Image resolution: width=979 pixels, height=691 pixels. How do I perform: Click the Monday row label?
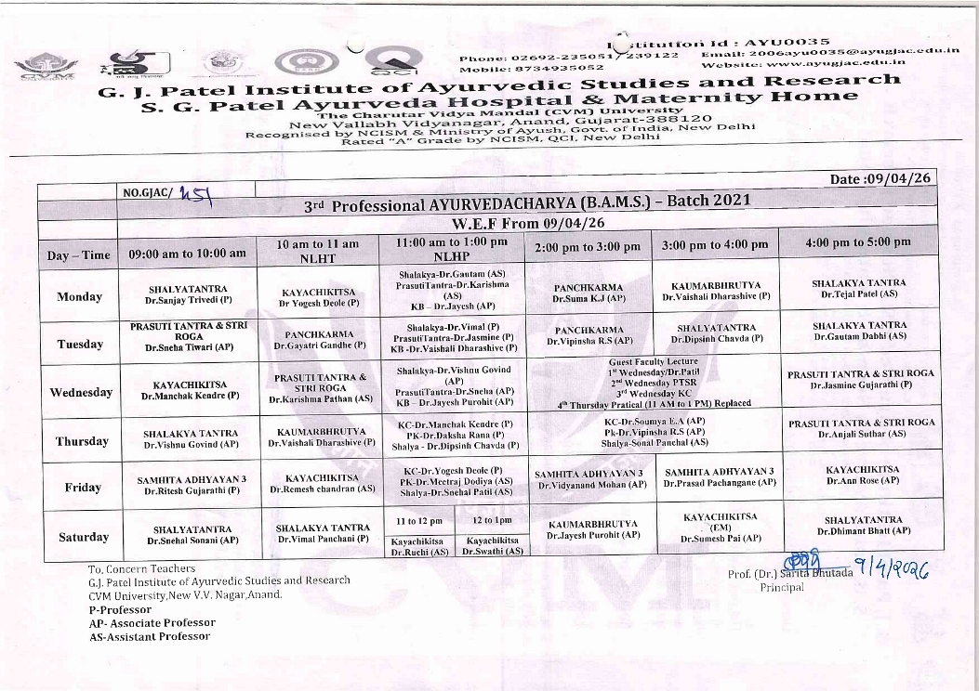point(79,297)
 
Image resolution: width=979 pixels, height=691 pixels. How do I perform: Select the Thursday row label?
point(82,441)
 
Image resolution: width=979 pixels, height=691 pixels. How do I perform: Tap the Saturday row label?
point(83,537)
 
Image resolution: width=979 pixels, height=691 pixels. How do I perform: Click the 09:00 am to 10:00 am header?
point(188,253)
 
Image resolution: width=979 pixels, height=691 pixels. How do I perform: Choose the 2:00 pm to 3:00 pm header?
point(588,246)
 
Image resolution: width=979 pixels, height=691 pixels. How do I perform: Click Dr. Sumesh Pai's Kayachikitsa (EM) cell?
point(720,527)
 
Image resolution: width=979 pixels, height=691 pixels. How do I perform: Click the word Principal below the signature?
point(781,588)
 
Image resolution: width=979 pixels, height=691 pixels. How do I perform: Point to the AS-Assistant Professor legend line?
point(150,636)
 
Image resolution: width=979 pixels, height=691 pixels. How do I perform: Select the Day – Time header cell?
point(78,254)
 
